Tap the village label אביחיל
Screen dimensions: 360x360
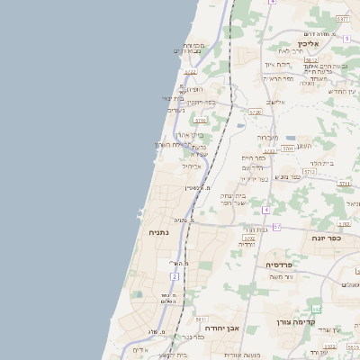(x=194, y=166)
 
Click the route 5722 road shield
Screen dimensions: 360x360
(x=190, y=72)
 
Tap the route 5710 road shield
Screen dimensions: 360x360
(x=200, y=119)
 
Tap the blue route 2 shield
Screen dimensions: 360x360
(x=175, y=275)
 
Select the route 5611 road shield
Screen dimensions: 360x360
(x=201, y=319)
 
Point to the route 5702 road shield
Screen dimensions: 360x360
(x=249, y=238)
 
